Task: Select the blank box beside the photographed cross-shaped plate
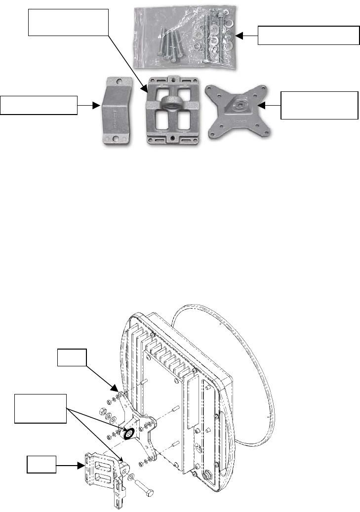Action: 319,105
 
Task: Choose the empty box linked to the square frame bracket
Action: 68,22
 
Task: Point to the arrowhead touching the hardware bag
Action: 240,36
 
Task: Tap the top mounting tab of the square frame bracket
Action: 173,79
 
